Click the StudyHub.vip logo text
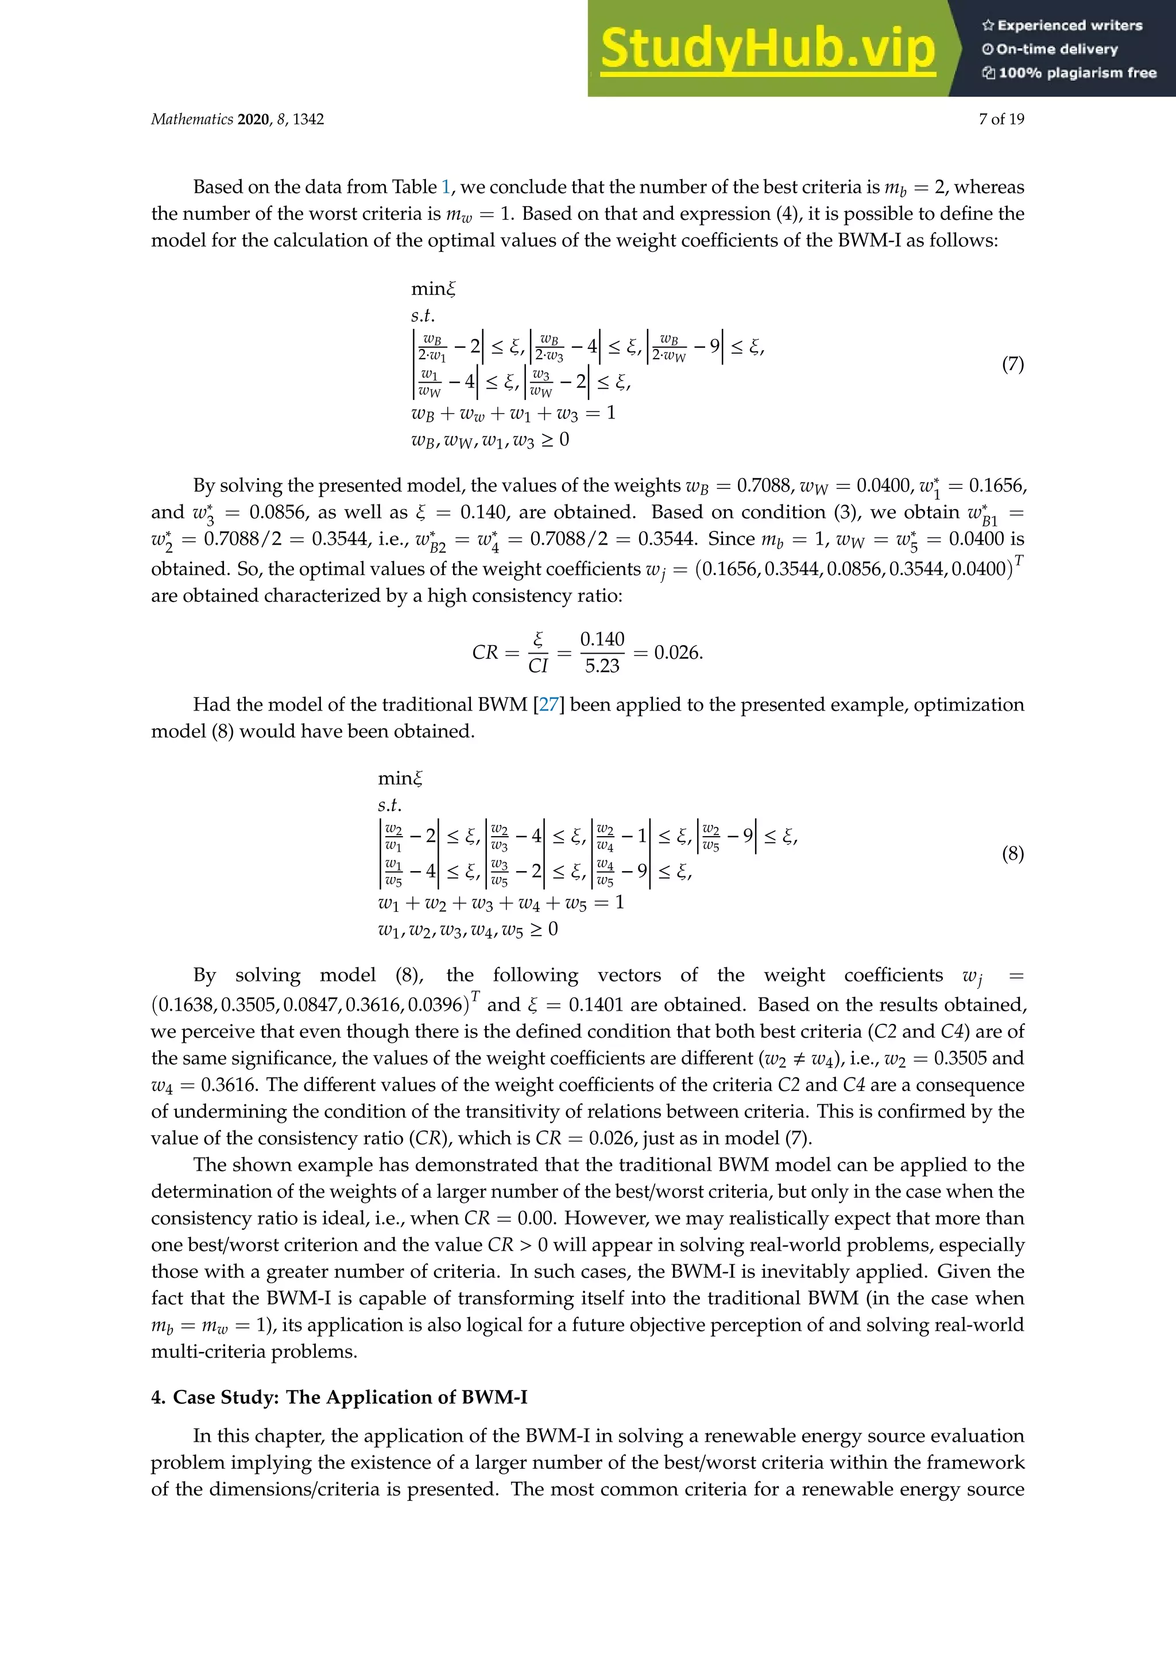tap(768, 49)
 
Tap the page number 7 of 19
tap(1001, 119)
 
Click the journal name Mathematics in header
tap(192, 119)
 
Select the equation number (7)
tap(1012, 364)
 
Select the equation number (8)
tap(1012, 854)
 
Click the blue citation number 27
tap(548, 705)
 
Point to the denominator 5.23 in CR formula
tap(602, 666)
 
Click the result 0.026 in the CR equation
tap(677, 653)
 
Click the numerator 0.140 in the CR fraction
tap(602, 639)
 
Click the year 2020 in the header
tap(253, 119)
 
